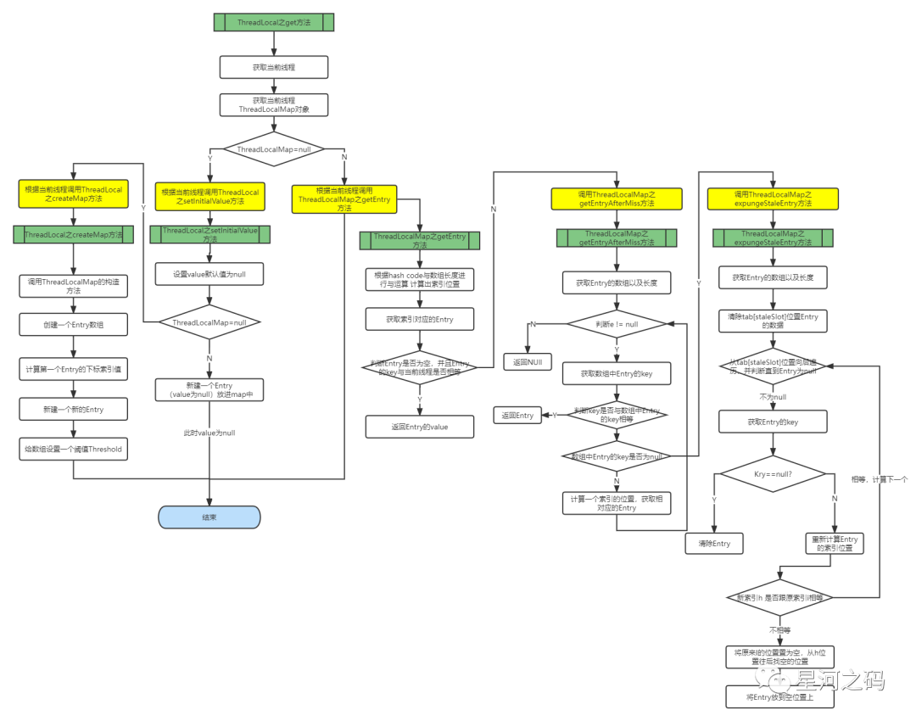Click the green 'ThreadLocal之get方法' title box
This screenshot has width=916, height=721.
273,23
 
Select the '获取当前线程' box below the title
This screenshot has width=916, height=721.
273,67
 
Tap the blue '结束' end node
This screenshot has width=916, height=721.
209,517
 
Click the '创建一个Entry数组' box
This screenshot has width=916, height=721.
73,324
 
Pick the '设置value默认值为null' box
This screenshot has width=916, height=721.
209,274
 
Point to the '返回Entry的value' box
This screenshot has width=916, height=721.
419,427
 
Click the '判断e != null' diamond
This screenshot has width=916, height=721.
617,324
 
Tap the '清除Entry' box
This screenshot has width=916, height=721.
713,544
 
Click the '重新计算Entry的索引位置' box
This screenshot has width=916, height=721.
835,544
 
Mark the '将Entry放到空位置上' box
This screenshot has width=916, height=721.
780,697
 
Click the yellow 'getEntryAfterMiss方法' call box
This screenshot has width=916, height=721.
617,199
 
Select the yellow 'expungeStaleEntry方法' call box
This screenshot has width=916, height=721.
773,199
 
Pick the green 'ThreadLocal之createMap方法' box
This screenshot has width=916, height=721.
73,235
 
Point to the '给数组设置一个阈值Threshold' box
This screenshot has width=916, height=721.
73,449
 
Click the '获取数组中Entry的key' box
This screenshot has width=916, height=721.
617,373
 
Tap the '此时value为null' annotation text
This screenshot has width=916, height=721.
209,433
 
